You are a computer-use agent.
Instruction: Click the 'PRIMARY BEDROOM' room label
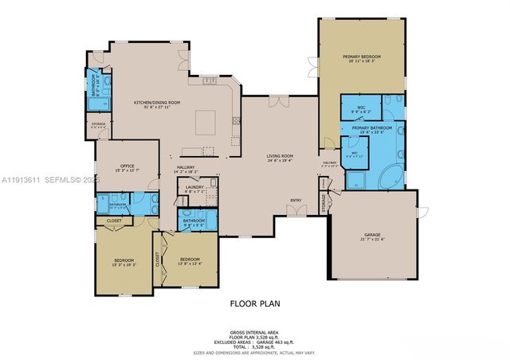(362, 57)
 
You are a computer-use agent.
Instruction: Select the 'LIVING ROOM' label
(280, 155)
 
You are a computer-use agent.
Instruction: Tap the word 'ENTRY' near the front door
(296, 199)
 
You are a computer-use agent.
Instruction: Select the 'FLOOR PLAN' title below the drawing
(255, 303)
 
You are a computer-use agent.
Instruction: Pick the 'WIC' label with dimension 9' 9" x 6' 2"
(361, 108)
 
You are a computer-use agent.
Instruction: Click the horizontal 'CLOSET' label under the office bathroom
(115, 221)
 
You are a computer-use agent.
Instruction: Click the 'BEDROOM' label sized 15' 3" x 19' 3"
(124, 260)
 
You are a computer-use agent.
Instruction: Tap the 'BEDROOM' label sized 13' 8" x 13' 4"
(190, 260)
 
